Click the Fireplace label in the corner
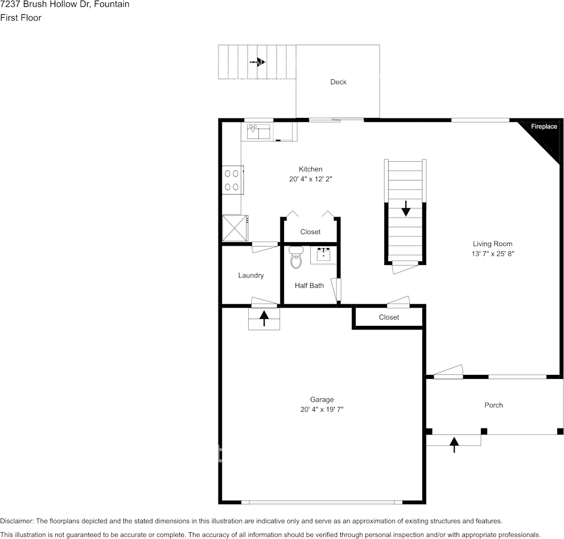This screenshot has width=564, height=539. (544, 126)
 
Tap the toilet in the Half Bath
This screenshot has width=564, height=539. (295, 258)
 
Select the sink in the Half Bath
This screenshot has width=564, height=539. (324, 255)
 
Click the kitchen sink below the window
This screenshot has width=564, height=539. (260, 132)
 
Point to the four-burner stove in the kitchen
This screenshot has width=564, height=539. (232, 179)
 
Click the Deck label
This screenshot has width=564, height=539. (338, 82)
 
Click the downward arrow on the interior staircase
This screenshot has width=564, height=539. (405, 209)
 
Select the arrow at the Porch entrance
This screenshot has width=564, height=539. (454, 444)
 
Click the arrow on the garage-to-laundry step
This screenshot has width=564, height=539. (265, 318)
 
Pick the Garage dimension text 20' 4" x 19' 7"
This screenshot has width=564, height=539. (322, 410)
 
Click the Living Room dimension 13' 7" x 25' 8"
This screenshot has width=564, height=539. (492, 254)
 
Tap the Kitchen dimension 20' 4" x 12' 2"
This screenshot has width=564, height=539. (310, 179)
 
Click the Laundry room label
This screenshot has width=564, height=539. (250, 275)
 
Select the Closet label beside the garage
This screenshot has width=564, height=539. (389, 317)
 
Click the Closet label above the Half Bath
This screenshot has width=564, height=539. (310, 232)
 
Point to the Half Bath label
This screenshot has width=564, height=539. (309, 285)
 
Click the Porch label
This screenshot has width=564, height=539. (493, 405)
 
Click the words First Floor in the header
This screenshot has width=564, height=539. (20, 18)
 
